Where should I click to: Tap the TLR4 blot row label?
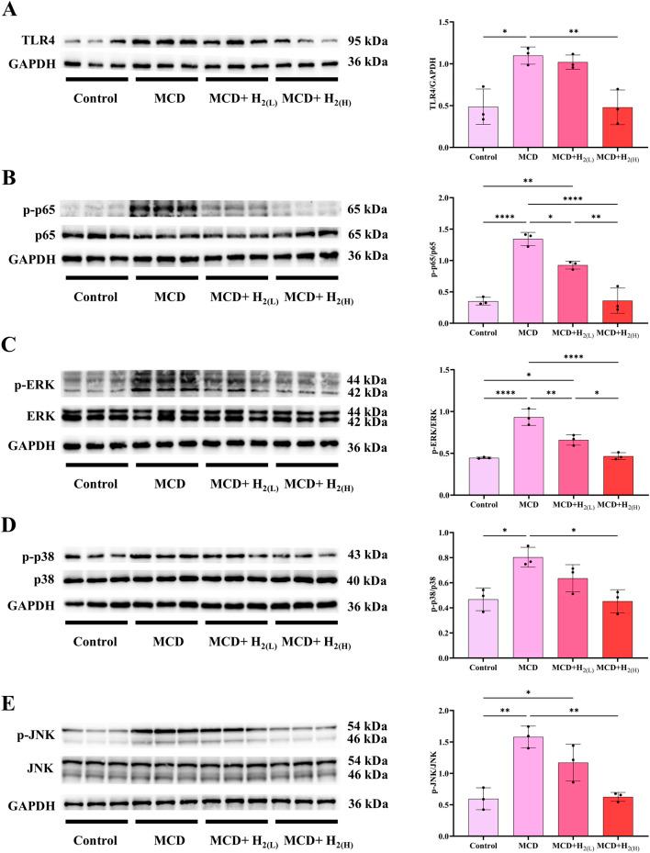point(35,41)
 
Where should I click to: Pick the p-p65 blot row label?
point(35,210)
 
